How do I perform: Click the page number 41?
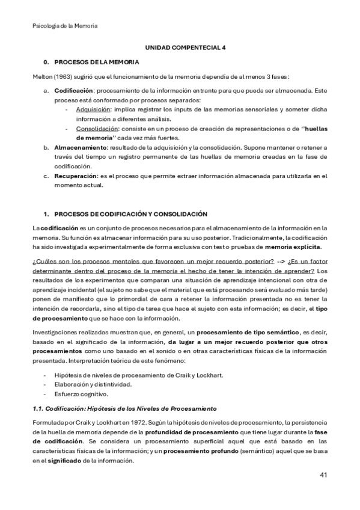click(x=323, y=476)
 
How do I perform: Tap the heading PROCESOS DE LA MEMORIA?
click(x=97, y=62)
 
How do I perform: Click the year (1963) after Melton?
click(x=64, y=76)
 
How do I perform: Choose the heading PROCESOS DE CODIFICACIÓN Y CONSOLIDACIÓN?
click(x=130, y=214)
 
